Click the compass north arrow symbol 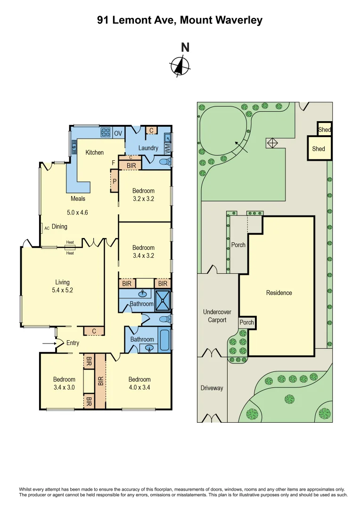(x=180, y=66)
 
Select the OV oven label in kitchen (x=118, y=133)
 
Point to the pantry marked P (x=114, y=181)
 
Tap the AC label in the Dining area (x=47, y=228)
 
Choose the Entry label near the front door (x=73, y=343)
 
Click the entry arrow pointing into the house (x=49, y=344)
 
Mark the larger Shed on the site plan (x=319, y=148)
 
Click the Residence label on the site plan (x=279, y=293)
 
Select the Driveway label (x=212, y=388)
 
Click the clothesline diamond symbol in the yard (x=272, y=142)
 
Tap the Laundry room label (x=148, y=148)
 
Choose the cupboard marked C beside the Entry (x=94, y=331)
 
